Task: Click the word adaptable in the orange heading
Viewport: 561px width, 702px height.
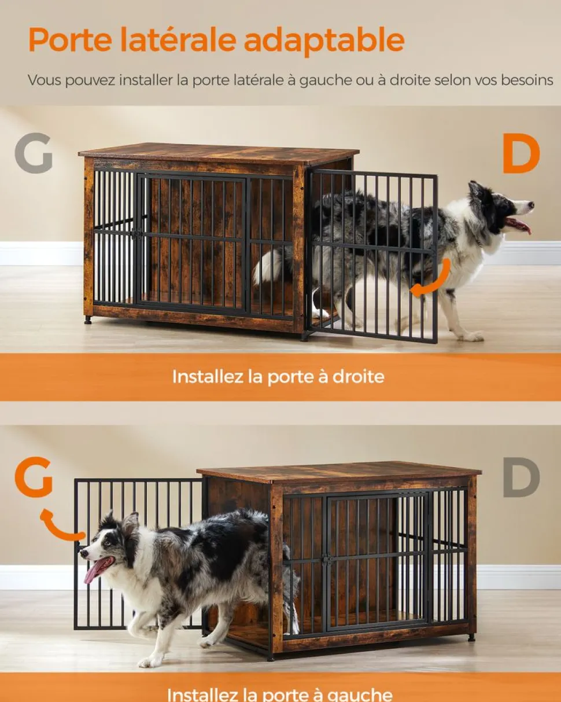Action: point(323,41)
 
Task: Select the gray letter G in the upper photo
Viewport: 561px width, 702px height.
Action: point(34,154)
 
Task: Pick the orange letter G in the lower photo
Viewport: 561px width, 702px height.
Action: point(34,478)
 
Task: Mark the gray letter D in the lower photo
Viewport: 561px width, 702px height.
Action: point(521,477)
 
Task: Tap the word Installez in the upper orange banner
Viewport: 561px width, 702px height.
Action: point(207,377)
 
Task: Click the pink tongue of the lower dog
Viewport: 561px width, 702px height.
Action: point(94,570)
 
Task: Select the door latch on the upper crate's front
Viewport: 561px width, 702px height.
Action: point(137,233)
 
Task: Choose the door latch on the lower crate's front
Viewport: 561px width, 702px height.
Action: point(327,560)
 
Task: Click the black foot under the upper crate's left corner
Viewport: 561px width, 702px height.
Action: point(88,319)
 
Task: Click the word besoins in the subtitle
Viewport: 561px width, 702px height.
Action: point(525,80)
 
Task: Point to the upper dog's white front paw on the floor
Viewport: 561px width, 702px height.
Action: point(470,335)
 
